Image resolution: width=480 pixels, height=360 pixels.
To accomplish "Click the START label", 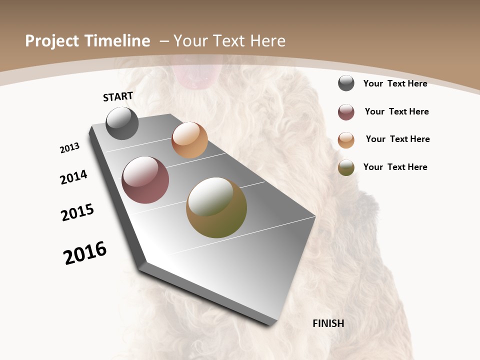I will pyautogui.click(x=118, y=96).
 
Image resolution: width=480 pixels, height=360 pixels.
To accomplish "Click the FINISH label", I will pyautogui.click(x=328, y=323).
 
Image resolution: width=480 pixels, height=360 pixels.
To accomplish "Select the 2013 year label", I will pyautogui.click(x=69, y=148).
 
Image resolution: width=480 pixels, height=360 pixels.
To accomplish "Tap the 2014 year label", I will pyautogui.click(x=73, y=177).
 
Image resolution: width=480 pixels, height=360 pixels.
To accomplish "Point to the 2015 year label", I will pyautogui.click(x=77, y=212).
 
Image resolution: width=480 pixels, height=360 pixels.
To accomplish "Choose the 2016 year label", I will pyautogui.click(x=85, y=253).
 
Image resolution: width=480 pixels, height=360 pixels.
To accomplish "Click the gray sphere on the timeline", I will pyautogui.click(x=122, y=123).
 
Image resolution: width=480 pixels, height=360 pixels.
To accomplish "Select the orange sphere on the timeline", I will pyautogui.click(x=189, y=140).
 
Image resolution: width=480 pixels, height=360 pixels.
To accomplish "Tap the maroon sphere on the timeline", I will pyautogui.click(x=145, y=180).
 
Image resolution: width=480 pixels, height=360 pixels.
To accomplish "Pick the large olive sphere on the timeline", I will pyautogui.click(x=216, y=207).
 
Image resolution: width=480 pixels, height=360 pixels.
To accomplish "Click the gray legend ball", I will pyautogui.click(x=346, y=83).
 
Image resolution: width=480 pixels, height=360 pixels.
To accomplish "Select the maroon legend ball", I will pyautogui.click(x=346, y=112).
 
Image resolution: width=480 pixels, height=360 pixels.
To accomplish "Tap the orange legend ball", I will pyautogui.click(x=346, y=140).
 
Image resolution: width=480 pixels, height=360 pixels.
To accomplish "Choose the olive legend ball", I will pyautogui.click(x=346, y=167).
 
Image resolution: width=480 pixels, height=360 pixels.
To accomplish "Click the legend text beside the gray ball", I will pyautogui.click(x=395, y=84).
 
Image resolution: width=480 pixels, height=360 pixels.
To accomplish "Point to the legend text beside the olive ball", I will pyautogui.click(x=395, y=167).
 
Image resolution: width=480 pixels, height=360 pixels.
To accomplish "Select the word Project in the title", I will pyautogui.click(x=51, y=41).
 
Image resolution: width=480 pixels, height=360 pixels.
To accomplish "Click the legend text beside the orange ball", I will pyautogui.click(x=397, y=139).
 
